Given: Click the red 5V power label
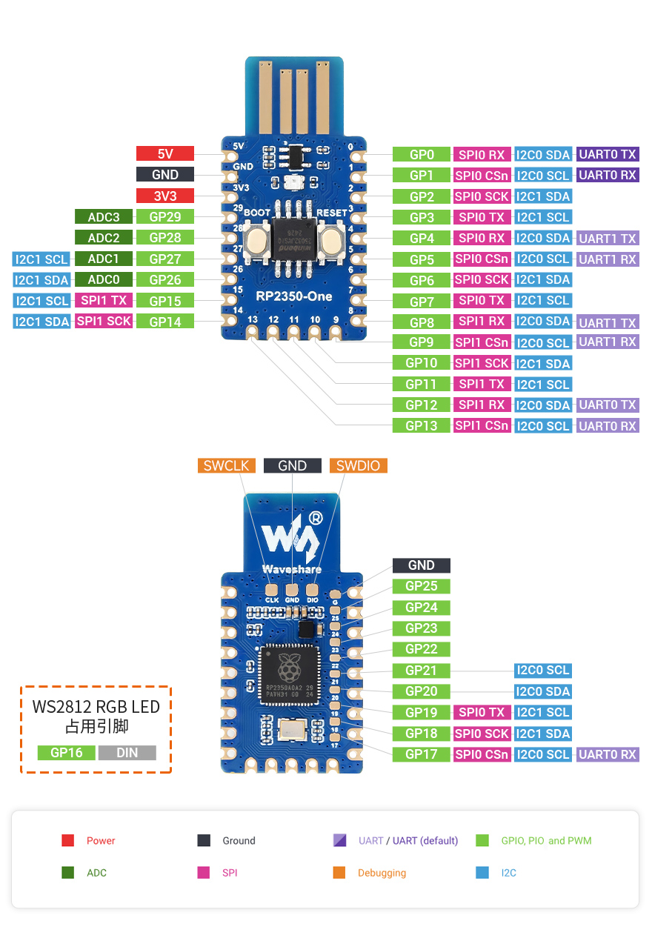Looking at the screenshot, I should [164, 154].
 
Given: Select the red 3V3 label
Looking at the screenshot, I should [164, 196].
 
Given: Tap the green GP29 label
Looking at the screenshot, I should [164, 217].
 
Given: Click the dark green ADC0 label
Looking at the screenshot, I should [104, 280].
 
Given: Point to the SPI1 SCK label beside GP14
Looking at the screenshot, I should [104, 322].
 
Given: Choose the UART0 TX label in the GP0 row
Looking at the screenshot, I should [608, 155].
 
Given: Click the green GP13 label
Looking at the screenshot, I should [422, 426].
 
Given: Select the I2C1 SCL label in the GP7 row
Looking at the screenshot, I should [543, 301].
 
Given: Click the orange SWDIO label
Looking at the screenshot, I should [358, 466].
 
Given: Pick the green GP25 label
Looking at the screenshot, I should [422, 586].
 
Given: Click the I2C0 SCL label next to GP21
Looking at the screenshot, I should [543, 671].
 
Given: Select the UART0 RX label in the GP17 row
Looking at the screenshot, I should [608, 754].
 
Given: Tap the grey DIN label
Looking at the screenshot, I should [127, 753].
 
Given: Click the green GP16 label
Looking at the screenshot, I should [67, 753].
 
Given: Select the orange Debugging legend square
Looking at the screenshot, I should [339, 873].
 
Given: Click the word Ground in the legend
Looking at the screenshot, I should [239, 841].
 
